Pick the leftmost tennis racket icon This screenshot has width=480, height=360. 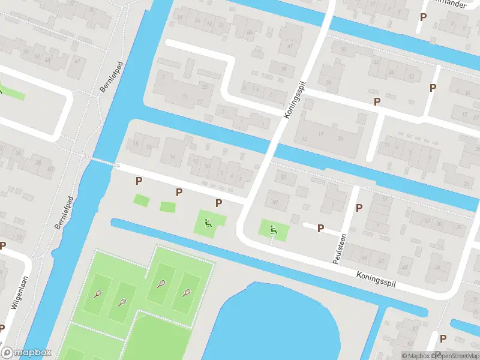tap(98, 294)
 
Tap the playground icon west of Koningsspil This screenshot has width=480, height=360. tap(208, 224)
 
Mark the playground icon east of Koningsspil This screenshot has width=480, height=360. tap(273, 228)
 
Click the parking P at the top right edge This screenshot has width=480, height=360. tap(424, 17)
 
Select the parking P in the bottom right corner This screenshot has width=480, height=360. tap(442, 339)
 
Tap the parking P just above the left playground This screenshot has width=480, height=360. tap(218, 203)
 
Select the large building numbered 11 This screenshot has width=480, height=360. tap(185, 96)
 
